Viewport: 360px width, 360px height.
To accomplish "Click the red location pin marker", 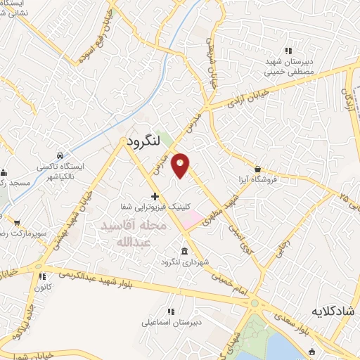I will [180, 165].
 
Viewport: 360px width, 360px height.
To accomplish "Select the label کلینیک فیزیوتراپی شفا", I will [155, 207].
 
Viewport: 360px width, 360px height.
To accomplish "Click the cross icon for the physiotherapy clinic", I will [155, 195].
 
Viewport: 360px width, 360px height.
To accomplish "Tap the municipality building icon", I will [184, 252].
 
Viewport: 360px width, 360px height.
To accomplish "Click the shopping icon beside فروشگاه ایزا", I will [259, 169].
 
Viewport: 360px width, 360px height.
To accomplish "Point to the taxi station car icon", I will [61, 154].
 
